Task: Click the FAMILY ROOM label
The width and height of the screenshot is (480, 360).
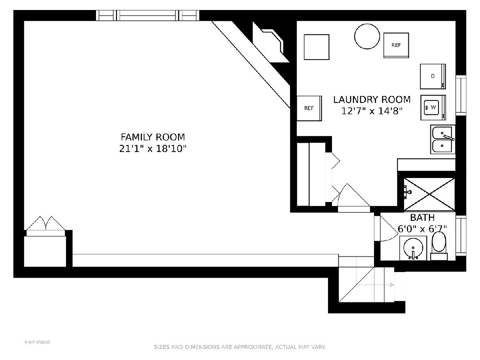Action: click(x=153, y=137)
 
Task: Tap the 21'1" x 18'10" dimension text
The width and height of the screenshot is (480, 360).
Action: click(x=153, y=149)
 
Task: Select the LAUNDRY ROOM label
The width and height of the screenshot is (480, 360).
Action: click(x=372, y=100)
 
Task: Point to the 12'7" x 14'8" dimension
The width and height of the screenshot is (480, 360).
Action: click(x=372, y=111)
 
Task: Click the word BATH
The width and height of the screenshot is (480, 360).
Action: click(x=422, y=218)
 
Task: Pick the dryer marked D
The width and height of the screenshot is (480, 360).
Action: click(x=433, y=76)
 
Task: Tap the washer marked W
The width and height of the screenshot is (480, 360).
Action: click(x=433, y=108)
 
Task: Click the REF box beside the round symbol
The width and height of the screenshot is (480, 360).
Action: click(x=396, y=45)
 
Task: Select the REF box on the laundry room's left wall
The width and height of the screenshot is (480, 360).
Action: click(x=309, y=108)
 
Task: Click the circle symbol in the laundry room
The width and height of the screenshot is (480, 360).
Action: click(x=367, y=36)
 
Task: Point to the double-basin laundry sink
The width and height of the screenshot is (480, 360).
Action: click(x=443, y=140)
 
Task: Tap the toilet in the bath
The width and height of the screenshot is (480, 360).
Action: click(x=439, y=246)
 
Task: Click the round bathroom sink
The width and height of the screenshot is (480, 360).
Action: click(x=413, y=248)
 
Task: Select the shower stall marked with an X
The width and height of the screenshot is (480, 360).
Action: click(x=429, y=194)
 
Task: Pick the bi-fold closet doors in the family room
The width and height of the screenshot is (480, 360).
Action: click(x=46, y=224)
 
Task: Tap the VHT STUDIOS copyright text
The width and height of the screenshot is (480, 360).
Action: click(x=37, y=342)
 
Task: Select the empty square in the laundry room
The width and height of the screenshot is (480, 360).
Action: click(x=316, y=47)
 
